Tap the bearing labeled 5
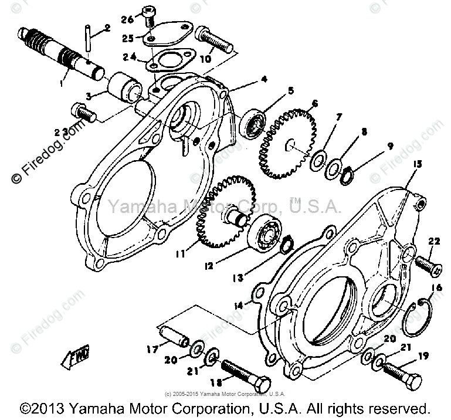tap(253, 124)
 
